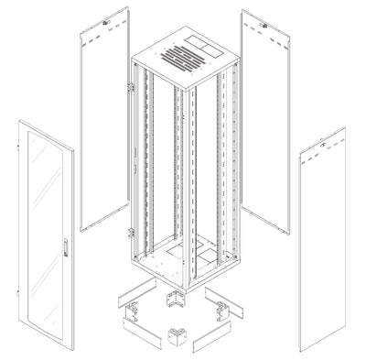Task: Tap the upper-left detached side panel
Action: pyautogui.click(x=102, y=128)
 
